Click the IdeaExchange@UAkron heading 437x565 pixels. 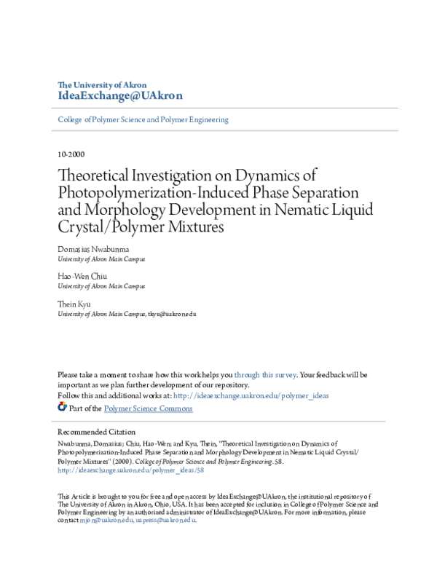click(x=119, y=96)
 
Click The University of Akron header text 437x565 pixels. click(x=101, y=84)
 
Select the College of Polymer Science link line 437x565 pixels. click(x=143, y=119)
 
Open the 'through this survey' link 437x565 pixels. click(x=265, y=375)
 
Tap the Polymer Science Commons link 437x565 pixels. click(x=149, y=408)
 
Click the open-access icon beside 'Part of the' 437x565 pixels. click(x=62, y=408)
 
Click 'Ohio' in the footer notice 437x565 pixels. click(x=169, y=504)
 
